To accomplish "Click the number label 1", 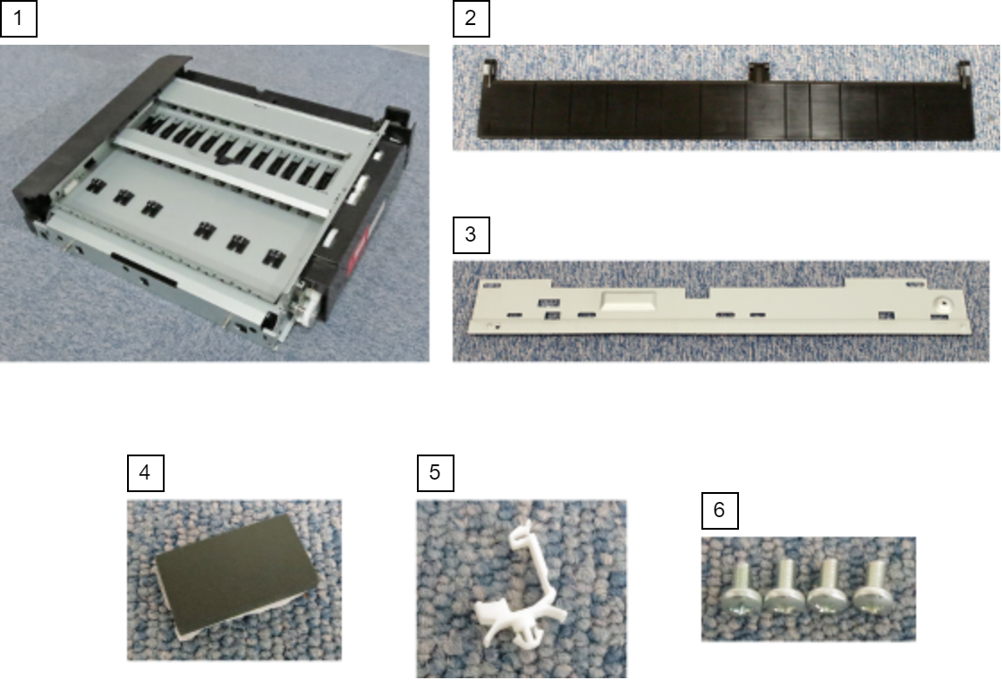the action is coord(18,19).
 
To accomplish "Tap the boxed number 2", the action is coord(471,19).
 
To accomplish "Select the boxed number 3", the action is coord(471,234).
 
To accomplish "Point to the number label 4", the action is coord(146,473).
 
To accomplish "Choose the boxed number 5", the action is coord(435,473).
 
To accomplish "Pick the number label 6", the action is coord(719,510).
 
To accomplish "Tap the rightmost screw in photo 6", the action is coord(871,587).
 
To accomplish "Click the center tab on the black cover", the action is coord(759,72).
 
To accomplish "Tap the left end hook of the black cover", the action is coord(488,71).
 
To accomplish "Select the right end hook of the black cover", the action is coord(963,72).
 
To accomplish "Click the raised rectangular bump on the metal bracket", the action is coord(629,301).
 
